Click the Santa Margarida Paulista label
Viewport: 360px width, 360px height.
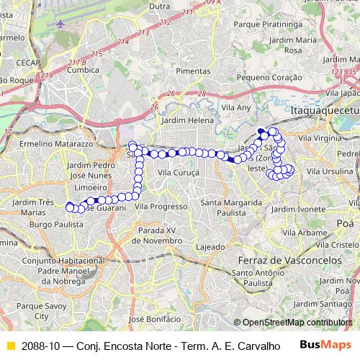pos(231,208)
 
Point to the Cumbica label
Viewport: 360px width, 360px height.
pos(81,71)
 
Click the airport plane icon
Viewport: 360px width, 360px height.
pos(60,22)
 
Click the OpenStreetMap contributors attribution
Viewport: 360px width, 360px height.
pos(297,323)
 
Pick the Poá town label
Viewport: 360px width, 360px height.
pos(340,223)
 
